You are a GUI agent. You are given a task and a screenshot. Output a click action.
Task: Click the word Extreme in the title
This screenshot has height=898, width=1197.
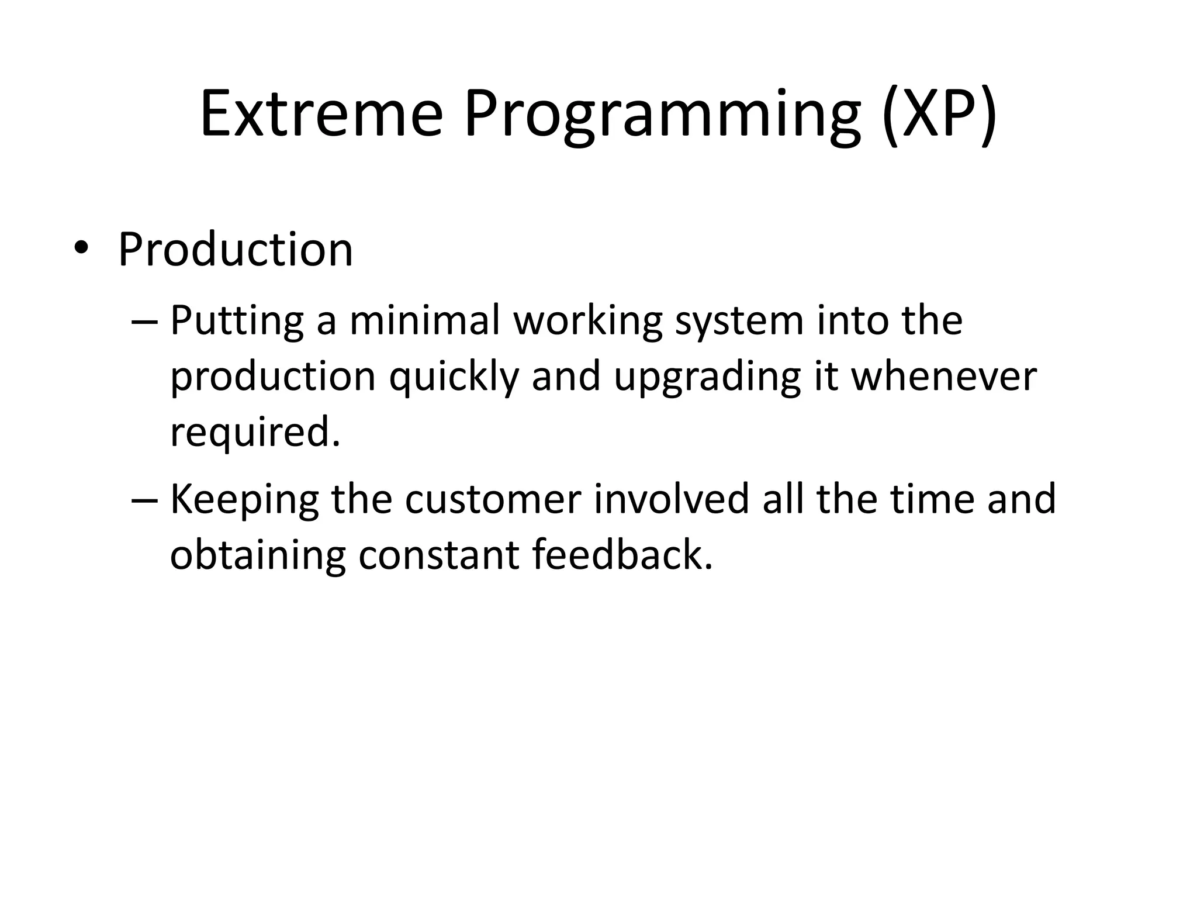click(321, 114)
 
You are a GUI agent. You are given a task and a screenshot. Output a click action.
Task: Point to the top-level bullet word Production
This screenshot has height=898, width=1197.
click(236, 250)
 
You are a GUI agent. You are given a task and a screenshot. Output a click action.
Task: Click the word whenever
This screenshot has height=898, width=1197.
click(943, 377)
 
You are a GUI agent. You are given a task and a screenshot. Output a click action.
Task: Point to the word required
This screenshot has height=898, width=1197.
click(254, 433)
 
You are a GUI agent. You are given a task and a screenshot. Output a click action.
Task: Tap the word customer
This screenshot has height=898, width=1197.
click(493, 500)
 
